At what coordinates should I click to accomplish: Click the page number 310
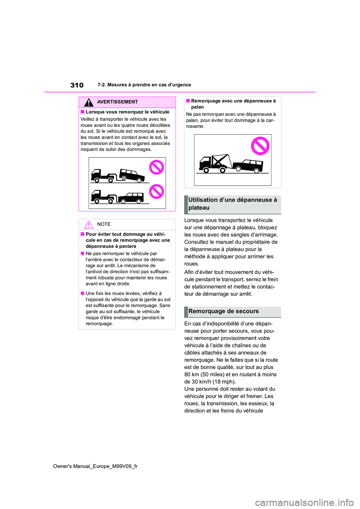point(77,85)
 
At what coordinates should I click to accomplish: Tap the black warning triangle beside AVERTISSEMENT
point(88,102)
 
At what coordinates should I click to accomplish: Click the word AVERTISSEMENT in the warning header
point(117,102)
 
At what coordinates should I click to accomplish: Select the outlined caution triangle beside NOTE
point(88,225)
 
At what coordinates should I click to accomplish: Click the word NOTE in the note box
point(104,224)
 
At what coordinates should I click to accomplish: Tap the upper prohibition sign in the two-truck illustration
point(157,167)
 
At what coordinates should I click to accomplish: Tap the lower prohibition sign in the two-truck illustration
point(157,192)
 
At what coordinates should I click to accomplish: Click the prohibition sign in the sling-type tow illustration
point(260,146)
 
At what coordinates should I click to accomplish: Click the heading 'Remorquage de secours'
point(223,311)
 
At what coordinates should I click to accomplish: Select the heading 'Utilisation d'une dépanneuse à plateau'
point(232,204)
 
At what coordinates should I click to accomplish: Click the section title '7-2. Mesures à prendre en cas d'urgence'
point(144,85)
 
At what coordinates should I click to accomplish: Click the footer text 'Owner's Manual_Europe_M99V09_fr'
point(95,466)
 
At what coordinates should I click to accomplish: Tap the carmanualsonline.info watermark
point(304,502)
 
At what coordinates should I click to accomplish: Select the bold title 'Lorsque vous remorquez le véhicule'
point(127,112)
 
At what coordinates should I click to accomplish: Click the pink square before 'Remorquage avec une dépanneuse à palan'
point(188,101)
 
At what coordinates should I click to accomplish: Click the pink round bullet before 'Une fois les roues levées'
point(82,293)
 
